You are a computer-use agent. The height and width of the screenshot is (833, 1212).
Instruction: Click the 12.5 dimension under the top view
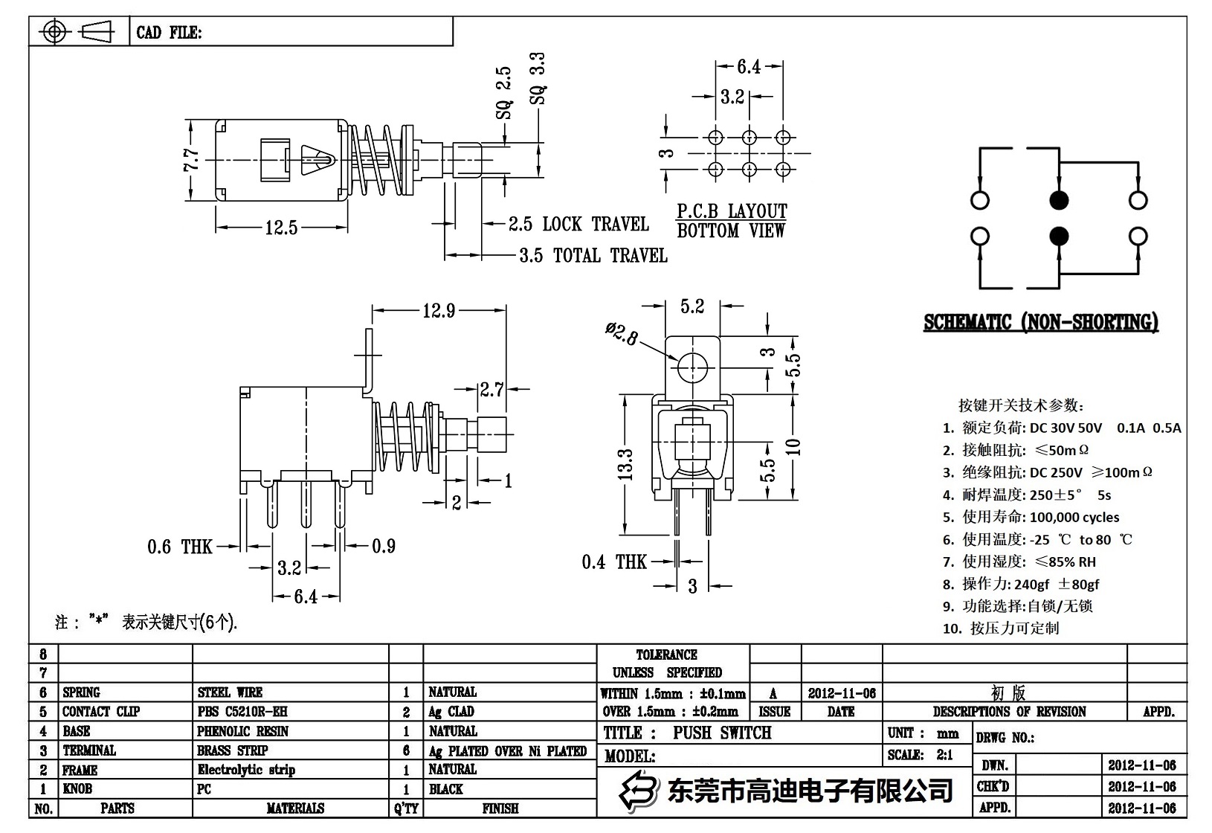tap(281, 228)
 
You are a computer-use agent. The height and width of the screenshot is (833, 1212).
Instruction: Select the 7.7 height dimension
tap(191, 160)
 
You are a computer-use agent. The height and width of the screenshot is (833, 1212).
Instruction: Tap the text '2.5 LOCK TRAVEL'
tap(578, 224)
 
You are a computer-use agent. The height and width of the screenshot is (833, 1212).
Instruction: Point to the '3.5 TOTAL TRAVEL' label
tap(593, 256)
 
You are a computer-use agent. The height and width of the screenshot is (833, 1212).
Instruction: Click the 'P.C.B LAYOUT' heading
tap(731, 211)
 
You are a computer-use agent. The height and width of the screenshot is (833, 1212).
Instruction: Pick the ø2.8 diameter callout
tap(622, 333)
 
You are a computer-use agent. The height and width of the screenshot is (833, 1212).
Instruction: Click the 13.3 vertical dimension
tap(625, 464)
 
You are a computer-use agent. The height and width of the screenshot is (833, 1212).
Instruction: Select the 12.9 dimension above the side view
tap(439, 310)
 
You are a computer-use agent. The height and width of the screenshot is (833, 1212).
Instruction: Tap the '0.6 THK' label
tap(180, 547)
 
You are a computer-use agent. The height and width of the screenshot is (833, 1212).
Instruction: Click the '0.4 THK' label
tap(614, 562)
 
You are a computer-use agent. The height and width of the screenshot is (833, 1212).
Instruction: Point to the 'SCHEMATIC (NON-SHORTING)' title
tap(1040, 323)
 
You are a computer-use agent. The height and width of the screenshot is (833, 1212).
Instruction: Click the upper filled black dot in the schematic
tap(1059, 200)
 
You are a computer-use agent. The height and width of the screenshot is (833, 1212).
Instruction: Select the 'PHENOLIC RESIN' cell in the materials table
tap(242, 731)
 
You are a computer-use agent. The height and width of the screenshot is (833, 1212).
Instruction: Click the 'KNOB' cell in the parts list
tap(77, 789)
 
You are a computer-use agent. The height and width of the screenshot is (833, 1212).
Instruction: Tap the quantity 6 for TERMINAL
tap(406, 750)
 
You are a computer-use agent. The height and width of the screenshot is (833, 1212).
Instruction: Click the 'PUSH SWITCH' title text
tap(722, 733)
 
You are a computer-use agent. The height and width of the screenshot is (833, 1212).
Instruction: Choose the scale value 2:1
tap(944, 755)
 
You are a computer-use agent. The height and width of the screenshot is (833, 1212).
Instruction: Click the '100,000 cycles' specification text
tap(1074, 517)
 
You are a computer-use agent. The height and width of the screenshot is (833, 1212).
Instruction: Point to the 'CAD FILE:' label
tap(169, 33)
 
